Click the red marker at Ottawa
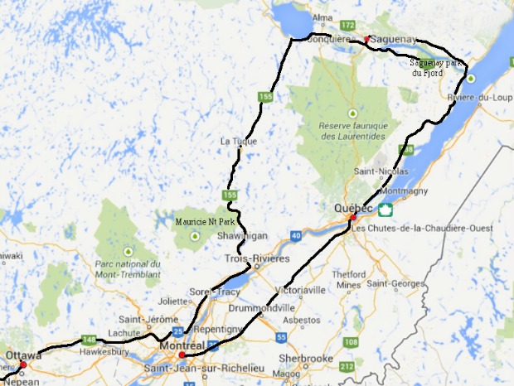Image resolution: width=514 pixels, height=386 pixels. (x=23, y=364)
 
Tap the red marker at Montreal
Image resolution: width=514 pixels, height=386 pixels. (x=182, y=355)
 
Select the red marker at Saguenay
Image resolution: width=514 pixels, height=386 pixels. (x=366, y=39)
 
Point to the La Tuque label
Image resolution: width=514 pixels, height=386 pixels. (x=235, y=141)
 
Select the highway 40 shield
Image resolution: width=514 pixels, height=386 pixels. (x=296, y=237)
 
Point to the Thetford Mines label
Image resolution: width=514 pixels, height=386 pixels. (x=349, y=279)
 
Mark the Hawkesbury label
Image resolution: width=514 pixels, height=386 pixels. (x=100, y=350)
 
